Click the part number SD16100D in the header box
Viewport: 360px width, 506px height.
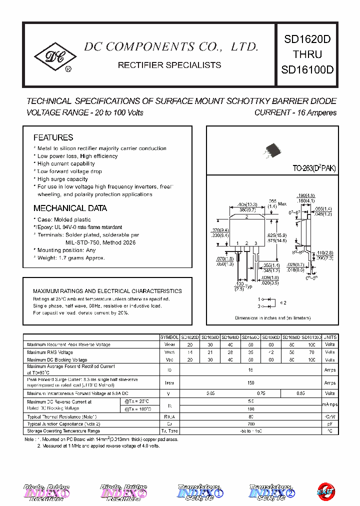coord(307,69)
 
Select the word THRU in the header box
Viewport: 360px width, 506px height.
coord(307,54)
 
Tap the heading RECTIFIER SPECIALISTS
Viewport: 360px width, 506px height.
coord(169,65)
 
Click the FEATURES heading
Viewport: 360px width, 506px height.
coord(53,137)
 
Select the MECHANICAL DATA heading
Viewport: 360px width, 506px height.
coord(70,208)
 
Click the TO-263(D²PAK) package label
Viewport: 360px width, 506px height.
coord(314,168)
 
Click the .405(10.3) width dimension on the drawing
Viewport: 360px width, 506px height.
coord(248,204)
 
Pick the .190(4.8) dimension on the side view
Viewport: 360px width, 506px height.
coord(305,195)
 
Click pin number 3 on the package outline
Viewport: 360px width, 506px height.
coord(255,243)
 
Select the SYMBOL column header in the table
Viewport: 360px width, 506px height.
coord(169,337)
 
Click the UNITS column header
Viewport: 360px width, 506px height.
coord(330,337)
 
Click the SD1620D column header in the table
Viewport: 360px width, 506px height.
coord(190,337)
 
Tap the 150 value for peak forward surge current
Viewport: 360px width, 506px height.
coord(250,382)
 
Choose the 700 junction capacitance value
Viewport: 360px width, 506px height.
coord(250,423)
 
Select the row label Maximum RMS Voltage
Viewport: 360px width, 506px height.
coord(50,352)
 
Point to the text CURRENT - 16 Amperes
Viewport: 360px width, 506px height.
coord(295,112)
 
